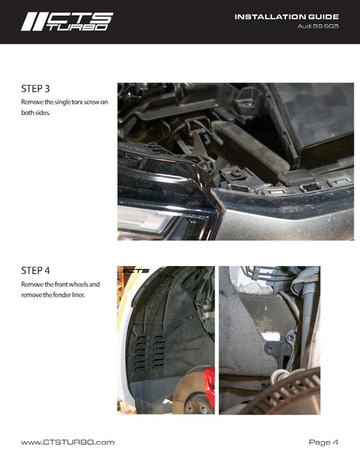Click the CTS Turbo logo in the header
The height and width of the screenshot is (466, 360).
(67, 22)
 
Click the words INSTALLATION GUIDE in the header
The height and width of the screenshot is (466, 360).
(287, 17)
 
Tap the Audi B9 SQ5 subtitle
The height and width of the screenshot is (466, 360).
(318, 26)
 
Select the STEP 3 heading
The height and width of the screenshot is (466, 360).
(35, 89)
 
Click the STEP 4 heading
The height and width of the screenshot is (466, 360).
(35, 271)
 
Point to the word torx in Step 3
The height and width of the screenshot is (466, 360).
(77, 102)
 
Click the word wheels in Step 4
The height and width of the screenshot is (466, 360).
(79, 285)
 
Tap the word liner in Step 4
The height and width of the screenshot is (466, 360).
(78, 295)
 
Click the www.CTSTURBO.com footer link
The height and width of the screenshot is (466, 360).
(68, 442)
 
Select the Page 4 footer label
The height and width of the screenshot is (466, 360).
(323, 442)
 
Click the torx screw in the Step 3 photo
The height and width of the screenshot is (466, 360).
(236, 173)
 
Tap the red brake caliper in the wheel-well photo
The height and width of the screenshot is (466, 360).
(209, 383)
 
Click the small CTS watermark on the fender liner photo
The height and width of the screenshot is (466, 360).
(136, 271)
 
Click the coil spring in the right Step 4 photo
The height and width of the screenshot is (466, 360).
(280, 377)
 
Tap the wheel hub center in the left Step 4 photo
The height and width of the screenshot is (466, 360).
(195, 405)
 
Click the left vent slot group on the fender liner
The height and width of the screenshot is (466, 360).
(141, 352)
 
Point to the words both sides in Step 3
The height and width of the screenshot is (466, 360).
(35, 113)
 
